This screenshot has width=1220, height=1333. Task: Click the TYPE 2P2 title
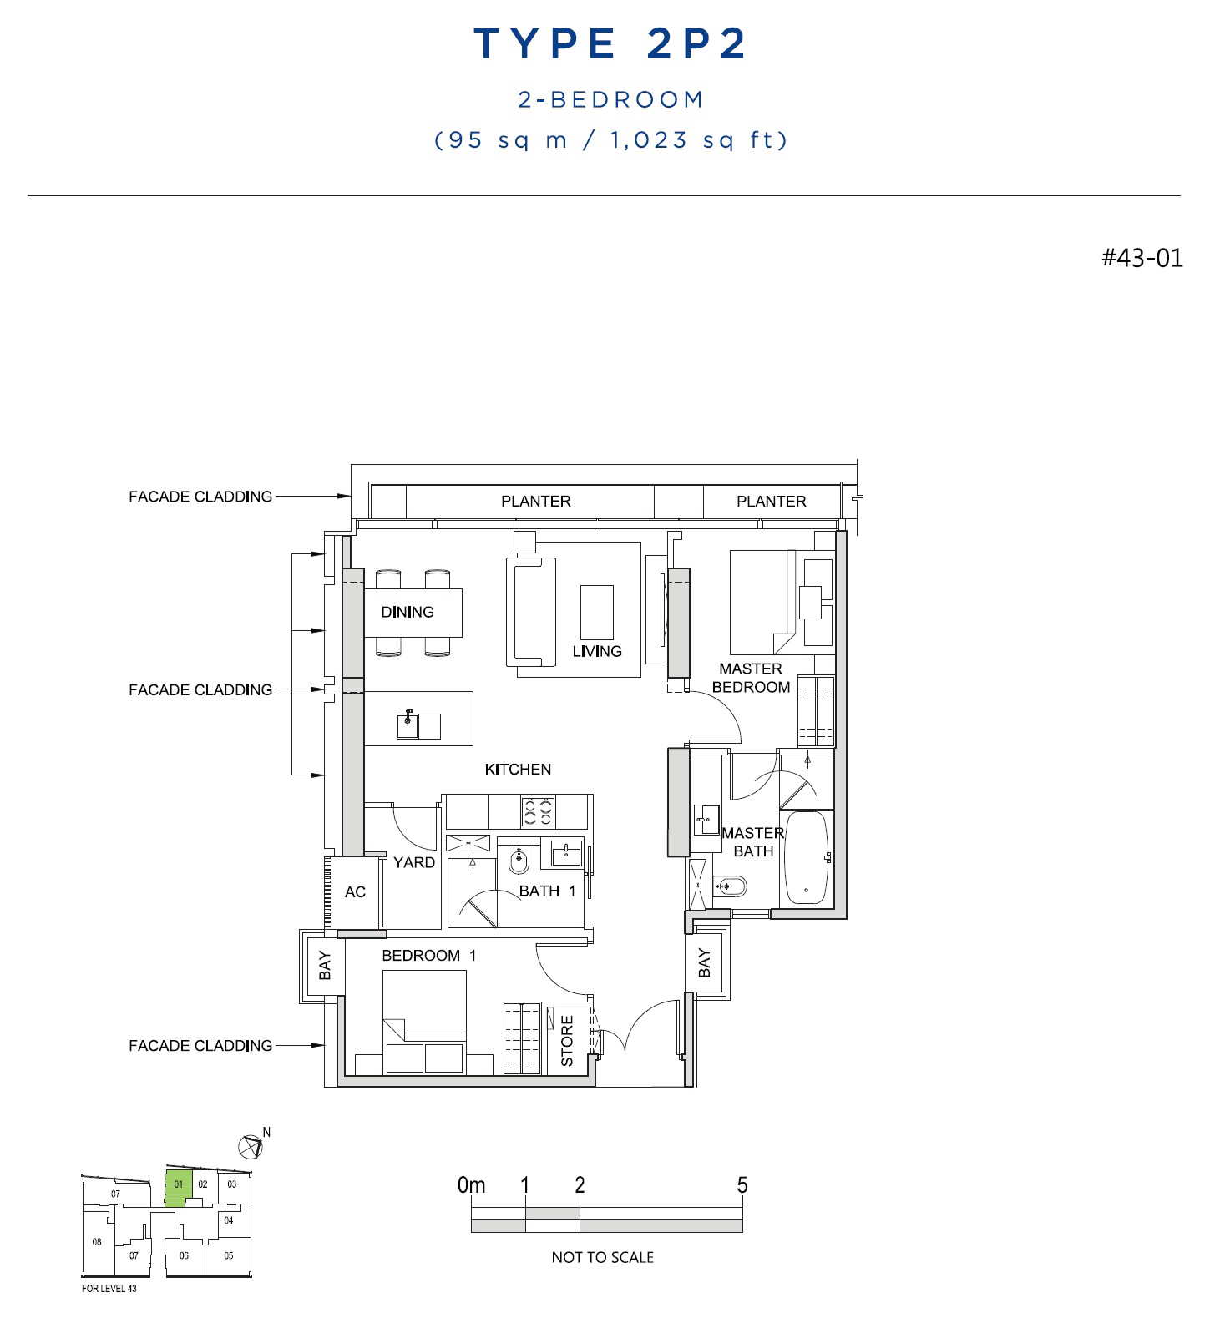[x=610, y=43]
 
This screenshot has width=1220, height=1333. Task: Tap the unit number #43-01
[x=1142, y=257]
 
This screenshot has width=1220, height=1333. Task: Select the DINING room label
[x=408, y=612]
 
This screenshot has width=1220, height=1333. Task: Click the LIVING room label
[x=597, y=651]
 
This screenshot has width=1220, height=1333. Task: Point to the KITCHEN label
[x=518, y=769]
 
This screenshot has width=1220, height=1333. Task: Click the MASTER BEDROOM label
[x=751, y=678]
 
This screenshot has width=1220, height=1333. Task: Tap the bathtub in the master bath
[x=807, y=858]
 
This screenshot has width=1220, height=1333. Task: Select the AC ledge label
[x=355, y=892]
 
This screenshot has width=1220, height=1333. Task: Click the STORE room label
[x=567, y=1041]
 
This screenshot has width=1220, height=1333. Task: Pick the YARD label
[x=414, y=862]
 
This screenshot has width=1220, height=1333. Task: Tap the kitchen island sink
[x=408, y=725]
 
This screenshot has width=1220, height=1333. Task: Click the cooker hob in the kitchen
[x=538, y=811]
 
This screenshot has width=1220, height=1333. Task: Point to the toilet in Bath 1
[x=519, y=859]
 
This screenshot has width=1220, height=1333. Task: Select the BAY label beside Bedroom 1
[x=325, y=966]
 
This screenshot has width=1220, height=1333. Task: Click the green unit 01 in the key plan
[x=178, y=1189]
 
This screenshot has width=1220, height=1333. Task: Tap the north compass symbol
[x=251, y=1147]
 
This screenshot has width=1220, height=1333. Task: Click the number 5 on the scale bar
[x=742, y=1185]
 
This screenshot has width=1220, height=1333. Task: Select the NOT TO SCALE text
[x=602, y=1257]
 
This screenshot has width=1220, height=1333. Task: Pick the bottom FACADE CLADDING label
[x=200, y=1045]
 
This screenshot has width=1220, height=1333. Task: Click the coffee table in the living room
[x=597, y=612]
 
